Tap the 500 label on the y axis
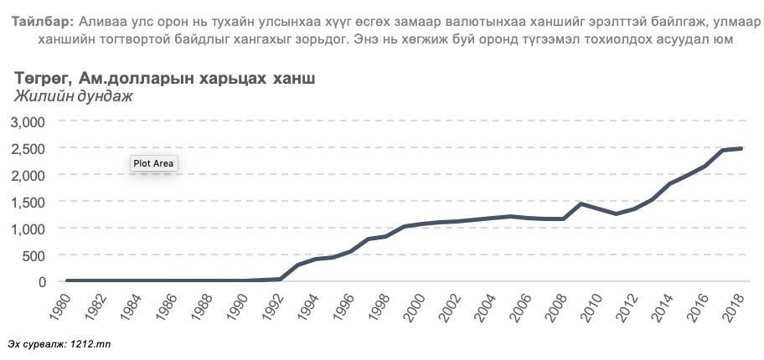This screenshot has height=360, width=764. pyautogui.click(x=33, y=255)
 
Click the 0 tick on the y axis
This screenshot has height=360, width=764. pyautogui.click(x=39, y=282)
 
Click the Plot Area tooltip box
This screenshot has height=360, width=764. pyautogui.click(x=153, y=163)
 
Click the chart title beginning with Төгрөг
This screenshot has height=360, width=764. pyautogui.click(x=165, y=78)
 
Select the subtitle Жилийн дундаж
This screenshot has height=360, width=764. pyautogui.click(x=74, y=95)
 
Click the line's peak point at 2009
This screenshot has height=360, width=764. pyautogui.click(x=581, y=203)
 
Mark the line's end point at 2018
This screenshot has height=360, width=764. pyautogui.click(x=741, y=149)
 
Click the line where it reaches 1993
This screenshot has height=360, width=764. pyautogui.click(x=297, y=265)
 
